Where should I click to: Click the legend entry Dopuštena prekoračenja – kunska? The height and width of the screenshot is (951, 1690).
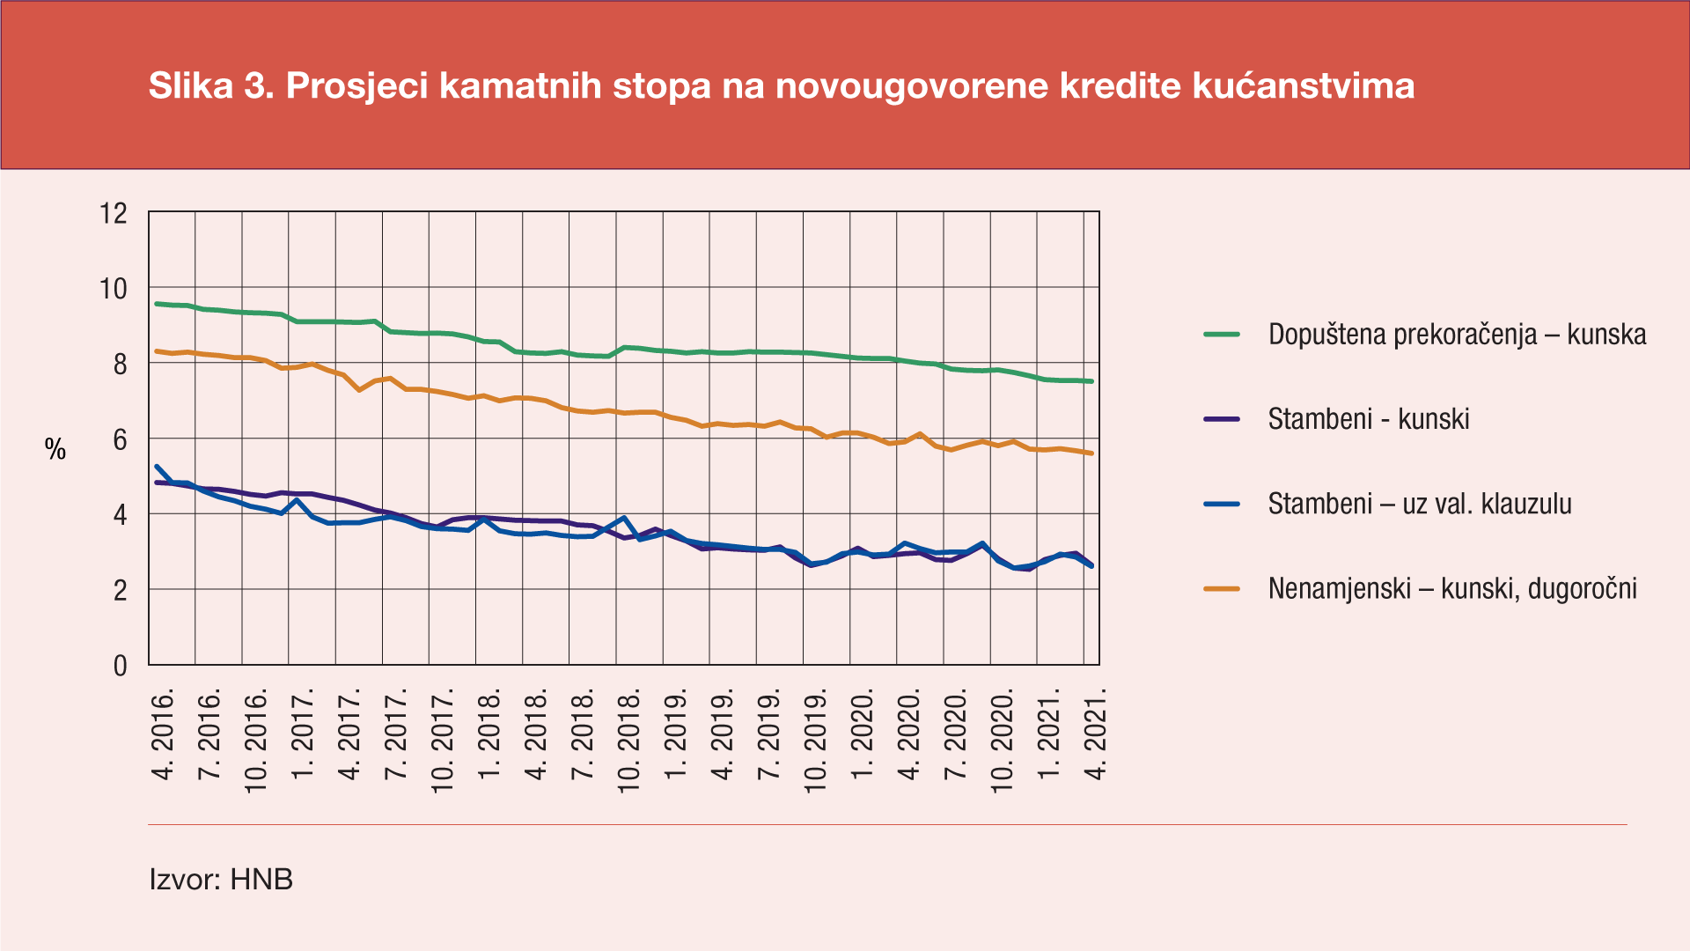1457,335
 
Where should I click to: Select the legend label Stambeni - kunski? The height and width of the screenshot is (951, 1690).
1369,419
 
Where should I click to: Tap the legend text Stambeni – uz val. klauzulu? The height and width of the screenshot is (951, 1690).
1419,504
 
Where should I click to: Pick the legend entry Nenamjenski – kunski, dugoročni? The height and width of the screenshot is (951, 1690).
1452,588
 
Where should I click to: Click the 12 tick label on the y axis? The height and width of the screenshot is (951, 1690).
114,213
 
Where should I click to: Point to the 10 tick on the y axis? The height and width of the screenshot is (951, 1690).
114,288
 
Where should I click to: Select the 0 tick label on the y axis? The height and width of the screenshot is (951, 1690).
121,666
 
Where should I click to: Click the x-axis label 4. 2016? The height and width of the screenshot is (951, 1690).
164,736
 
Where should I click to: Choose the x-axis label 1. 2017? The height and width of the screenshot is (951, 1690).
304,736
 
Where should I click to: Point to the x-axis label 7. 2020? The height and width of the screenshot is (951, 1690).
957,736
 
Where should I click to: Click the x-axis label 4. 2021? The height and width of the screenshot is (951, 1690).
1097,736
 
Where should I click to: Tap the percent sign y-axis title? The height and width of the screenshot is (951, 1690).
55,450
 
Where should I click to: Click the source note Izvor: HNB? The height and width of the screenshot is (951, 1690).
221,879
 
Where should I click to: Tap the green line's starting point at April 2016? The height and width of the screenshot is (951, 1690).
157,304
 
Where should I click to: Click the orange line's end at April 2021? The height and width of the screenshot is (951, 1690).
1091,453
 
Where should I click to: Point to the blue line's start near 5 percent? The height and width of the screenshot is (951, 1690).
157,467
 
